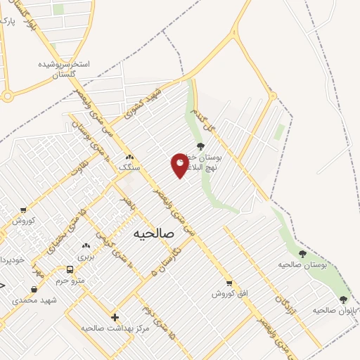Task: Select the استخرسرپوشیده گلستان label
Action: tap(64, 68)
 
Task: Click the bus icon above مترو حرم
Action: tap(69, 269)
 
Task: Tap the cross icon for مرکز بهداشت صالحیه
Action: tap(115, 317)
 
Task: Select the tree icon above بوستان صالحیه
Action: tap(302, 254)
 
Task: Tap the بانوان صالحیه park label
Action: tap(331, 309)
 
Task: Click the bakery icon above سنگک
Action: tap(129, 157)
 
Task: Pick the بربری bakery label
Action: tap(86, 256)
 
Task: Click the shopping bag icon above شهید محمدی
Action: tap(34, 289)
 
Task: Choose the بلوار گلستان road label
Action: tap(29, 17)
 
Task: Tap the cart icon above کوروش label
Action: tap(24, 210)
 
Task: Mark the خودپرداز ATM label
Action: tap(12, 259)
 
